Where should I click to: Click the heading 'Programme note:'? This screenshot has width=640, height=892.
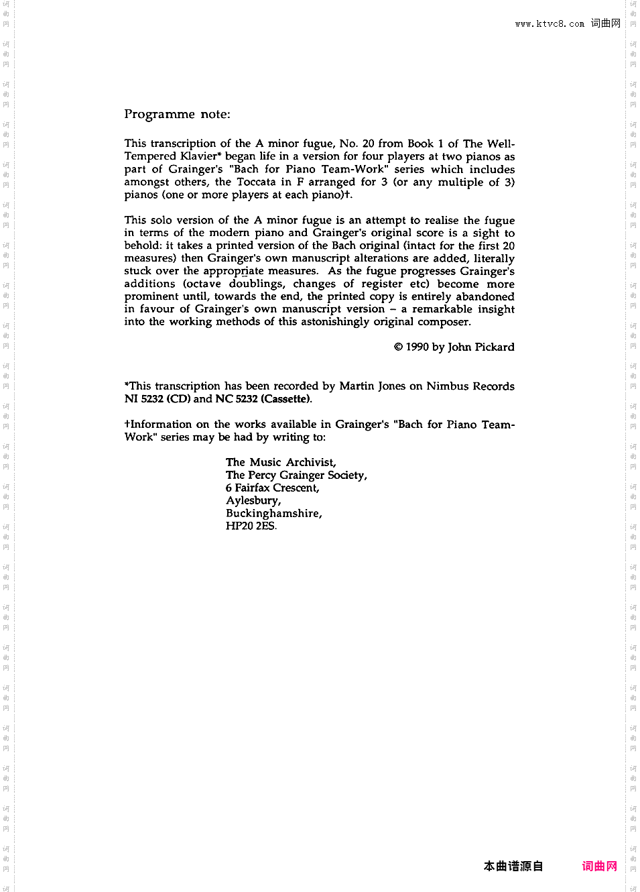coord(177,114)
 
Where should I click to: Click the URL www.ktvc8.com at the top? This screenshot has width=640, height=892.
coord(550,24)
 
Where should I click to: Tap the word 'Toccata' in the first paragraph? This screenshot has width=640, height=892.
coord(256,182)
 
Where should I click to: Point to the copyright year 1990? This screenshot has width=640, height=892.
coord(417,347)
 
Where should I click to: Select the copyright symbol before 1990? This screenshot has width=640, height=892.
coord(398,347)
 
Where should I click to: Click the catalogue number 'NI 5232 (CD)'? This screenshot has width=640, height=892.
coord(157,399)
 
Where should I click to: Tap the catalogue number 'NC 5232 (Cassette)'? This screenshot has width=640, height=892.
coord(263,399)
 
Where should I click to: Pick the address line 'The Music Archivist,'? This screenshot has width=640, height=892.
coord(281,462)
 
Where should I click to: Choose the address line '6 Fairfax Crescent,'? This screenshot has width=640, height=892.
coord(272,488)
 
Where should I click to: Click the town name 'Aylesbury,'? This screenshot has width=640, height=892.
coord(253,500)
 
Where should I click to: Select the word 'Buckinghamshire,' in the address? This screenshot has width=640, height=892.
coord(273,513)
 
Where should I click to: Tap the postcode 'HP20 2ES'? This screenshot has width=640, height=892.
coord(251,526)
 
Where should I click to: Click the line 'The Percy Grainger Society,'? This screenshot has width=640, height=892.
coord(296,475)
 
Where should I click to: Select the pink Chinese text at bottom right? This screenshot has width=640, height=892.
coord(599,866)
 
